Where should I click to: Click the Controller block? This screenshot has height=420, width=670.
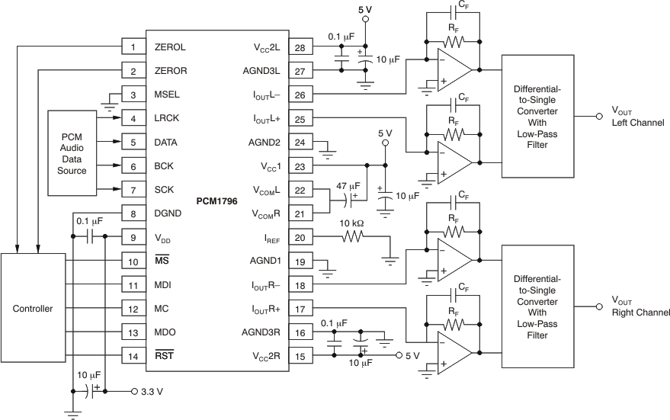point(33,309)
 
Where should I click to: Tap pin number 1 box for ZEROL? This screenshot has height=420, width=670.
point(133,47)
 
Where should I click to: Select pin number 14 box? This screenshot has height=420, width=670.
point(133,356)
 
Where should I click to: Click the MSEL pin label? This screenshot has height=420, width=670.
point(168,95)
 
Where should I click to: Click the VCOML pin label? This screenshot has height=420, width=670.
point(265,191)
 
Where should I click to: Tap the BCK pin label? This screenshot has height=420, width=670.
point(163,166)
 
